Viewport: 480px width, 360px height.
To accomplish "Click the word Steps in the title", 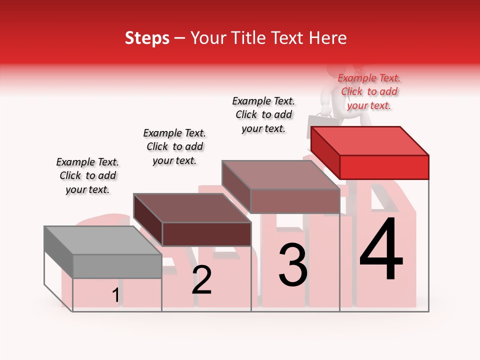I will point(147,38).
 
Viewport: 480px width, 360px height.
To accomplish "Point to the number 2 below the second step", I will point(201,280).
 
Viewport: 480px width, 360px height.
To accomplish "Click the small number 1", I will point(116,295).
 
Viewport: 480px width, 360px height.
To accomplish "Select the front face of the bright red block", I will point(384,167).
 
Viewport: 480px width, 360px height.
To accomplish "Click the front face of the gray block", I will point(117,266).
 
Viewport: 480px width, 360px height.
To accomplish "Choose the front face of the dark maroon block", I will point(206,234).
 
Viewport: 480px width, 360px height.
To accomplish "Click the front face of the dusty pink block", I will point(295,201).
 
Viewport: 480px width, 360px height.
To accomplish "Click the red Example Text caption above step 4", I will point(369,92).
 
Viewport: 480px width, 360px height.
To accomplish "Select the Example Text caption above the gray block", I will point(87,175).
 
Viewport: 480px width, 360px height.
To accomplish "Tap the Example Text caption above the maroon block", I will point(174,146).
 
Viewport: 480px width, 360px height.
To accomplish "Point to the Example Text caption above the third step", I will point(263,114).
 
